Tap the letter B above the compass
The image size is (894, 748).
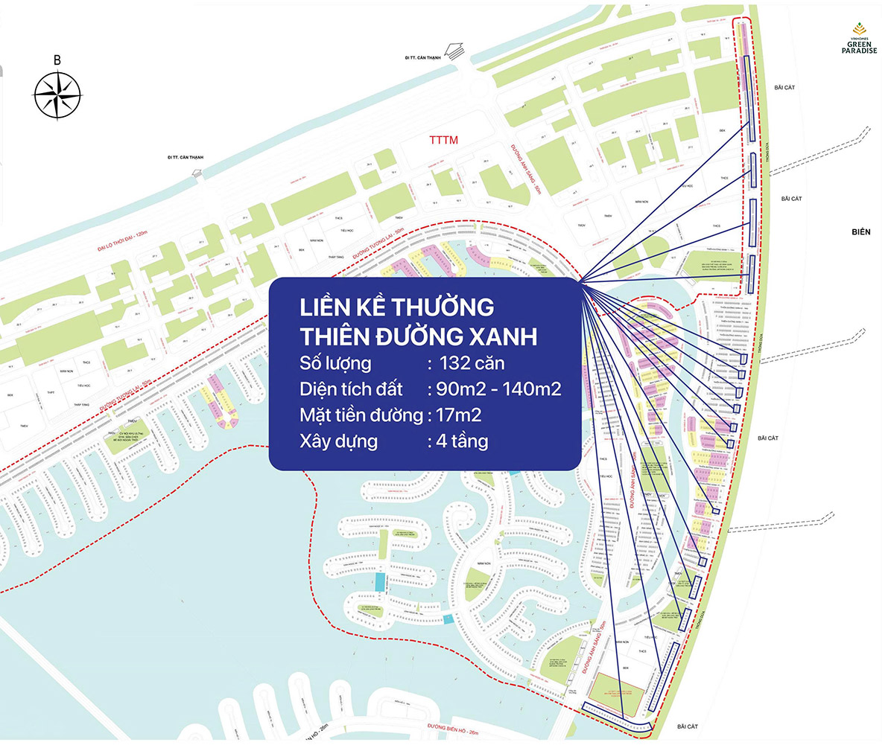[57, 60]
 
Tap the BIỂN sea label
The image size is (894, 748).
[860, 232]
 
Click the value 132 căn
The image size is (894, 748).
[475, 364]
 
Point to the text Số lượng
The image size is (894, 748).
[336, 364]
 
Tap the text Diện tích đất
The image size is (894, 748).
[351, 389]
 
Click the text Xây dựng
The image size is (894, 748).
[338, 441]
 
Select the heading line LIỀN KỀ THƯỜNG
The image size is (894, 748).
[396, 307]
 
